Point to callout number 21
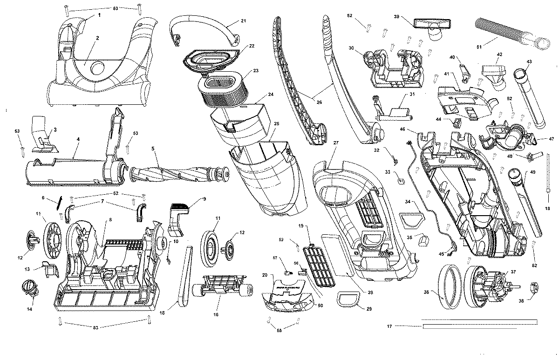[x=243, y=20]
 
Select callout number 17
[x=389, y=326]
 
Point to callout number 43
[x=529, y=62]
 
